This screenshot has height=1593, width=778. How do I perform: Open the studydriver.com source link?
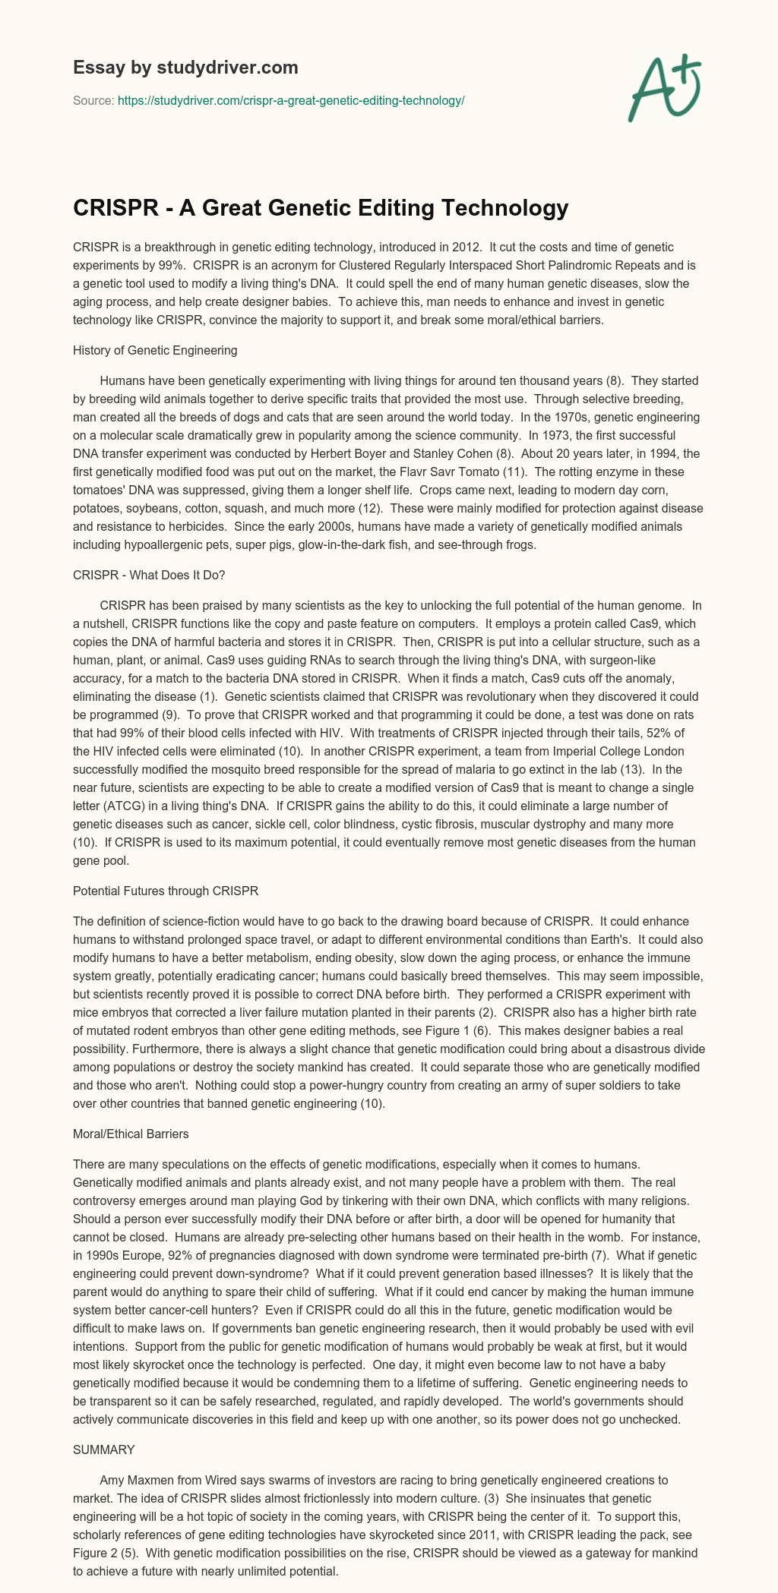click(x=291, y=100)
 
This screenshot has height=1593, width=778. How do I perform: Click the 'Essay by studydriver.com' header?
click(x=185, y=68)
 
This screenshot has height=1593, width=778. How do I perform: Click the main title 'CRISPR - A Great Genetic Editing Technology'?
click(x=321, y=207)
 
